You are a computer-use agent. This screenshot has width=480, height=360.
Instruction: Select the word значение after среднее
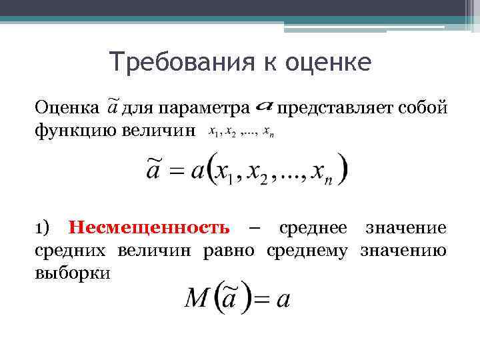coord(406,229)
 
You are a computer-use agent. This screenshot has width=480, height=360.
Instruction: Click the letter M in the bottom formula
coord(199,299)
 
